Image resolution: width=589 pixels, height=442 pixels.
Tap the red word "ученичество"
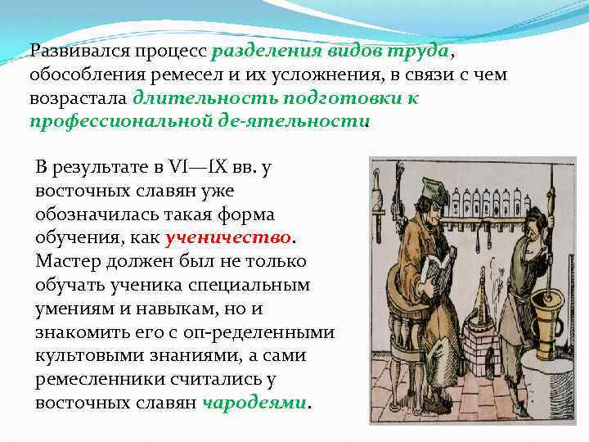tap(228, 238)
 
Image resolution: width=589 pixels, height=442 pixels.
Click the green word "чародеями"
tap(254, 404)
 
